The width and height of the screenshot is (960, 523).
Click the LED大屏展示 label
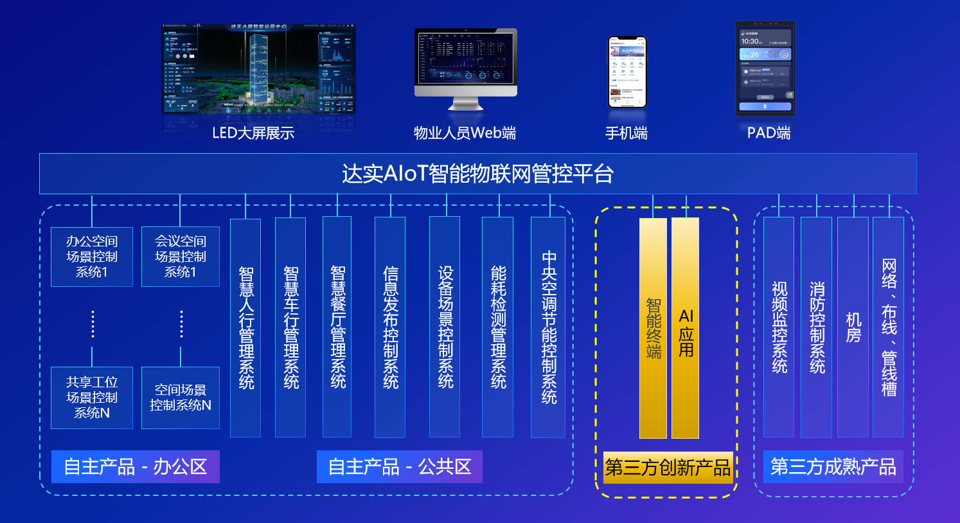click(x=253, y=133)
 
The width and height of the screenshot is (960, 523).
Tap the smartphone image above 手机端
click(x=627, y=71)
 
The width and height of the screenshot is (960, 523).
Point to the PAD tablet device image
click(x=765, y=68)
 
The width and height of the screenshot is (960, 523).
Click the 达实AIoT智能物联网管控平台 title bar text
click(x=477, y=174)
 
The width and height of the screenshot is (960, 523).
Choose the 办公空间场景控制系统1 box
click(x=92, y=257)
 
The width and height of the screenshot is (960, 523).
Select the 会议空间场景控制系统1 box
click(x=181, y=257)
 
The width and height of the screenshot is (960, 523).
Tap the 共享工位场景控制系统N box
click(x=92, y=398)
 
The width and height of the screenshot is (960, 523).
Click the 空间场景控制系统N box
click(x=181, y=398)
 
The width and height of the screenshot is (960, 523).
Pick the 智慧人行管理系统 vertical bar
click(x=245, y=327)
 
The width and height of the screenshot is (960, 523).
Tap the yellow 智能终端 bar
click(x=653, y=328)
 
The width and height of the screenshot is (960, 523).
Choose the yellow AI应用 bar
click(x=686, y=328)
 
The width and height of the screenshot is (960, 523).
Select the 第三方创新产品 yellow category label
click(x=668, y=467)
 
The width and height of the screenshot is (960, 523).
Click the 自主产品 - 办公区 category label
click(x=136, y=466)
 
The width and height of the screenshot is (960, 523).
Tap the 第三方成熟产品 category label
click(x=833, y=466)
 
